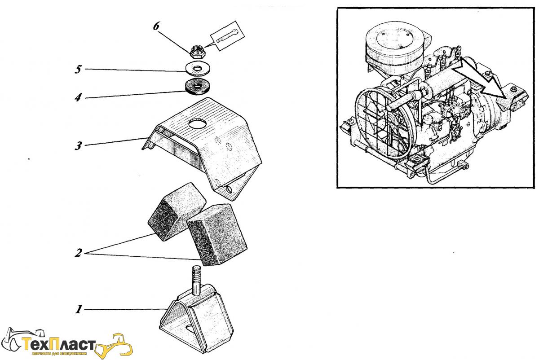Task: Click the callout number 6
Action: coord(156,26)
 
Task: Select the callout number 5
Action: coord(78,70)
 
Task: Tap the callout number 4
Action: coord(78,97)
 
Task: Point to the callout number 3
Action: coord(78,146)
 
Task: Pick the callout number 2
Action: coord(78,253)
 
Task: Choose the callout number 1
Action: coord(79,309)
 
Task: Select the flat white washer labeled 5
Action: coord(197,70)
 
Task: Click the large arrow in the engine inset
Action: coord(478,81)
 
